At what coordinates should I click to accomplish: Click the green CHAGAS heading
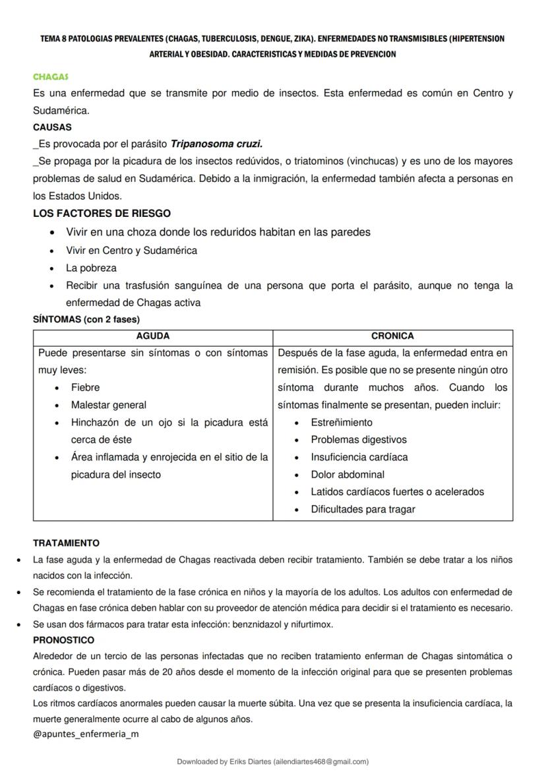[51, 77]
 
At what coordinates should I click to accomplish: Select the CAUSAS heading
[52, 127]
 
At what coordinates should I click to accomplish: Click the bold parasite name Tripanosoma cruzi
[216, 144]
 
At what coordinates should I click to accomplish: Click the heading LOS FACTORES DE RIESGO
[102, 214]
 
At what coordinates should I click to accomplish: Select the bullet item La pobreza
[91, 268]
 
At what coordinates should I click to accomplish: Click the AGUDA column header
[152, 336]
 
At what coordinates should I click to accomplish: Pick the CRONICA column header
[392, 336]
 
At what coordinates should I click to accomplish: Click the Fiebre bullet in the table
[86, 388]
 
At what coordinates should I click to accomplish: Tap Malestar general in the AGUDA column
[109, 405]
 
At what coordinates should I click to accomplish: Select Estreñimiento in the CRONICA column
[342, 423]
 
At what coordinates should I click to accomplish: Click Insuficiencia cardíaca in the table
[359, 457]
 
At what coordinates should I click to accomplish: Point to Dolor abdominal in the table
[348, 475]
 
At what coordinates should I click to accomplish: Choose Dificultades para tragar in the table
[363, 509]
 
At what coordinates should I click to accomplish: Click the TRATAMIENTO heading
[66, 543]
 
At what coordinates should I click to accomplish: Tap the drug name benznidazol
[252, 624]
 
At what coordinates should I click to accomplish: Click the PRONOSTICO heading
[63, 640]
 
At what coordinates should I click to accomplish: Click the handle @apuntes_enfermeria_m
[86, 734]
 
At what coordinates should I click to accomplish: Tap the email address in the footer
[320, 761]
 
